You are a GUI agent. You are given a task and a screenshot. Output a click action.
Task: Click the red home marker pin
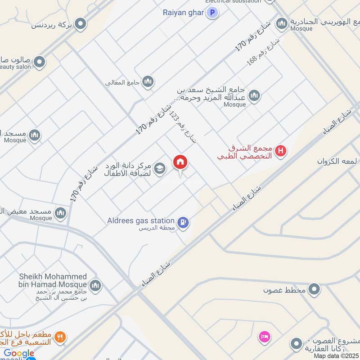180,162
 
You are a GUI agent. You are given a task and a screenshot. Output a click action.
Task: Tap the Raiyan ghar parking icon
212,13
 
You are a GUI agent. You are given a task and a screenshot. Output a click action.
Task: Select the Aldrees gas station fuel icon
183,222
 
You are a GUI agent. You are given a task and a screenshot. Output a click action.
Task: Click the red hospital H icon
281,151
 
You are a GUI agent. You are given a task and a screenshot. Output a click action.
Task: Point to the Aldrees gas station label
141,220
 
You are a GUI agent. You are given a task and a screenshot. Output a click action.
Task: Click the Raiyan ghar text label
184,13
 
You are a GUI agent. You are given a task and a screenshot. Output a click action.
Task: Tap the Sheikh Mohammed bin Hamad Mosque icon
95,285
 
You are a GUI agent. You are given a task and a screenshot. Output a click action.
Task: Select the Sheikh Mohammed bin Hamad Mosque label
53,280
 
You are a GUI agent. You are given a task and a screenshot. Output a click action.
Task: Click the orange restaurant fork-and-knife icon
60,337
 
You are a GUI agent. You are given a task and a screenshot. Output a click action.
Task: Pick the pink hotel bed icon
264,336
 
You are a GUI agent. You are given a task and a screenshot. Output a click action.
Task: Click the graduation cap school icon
159,169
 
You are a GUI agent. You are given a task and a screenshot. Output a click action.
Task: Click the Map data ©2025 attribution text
336,356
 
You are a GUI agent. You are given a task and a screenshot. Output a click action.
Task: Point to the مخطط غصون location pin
314,289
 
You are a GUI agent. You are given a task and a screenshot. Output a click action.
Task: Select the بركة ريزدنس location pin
81,24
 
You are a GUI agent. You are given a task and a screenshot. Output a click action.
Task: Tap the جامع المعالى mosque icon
148,82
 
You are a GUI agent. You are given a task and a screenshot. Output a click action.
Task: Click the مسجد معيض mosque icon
60,212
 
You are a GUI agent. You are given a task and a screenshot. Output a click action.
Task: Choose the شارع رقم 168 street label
264,52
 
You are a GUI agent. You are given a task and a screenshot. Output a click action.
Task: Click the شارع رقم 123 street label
183,127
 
